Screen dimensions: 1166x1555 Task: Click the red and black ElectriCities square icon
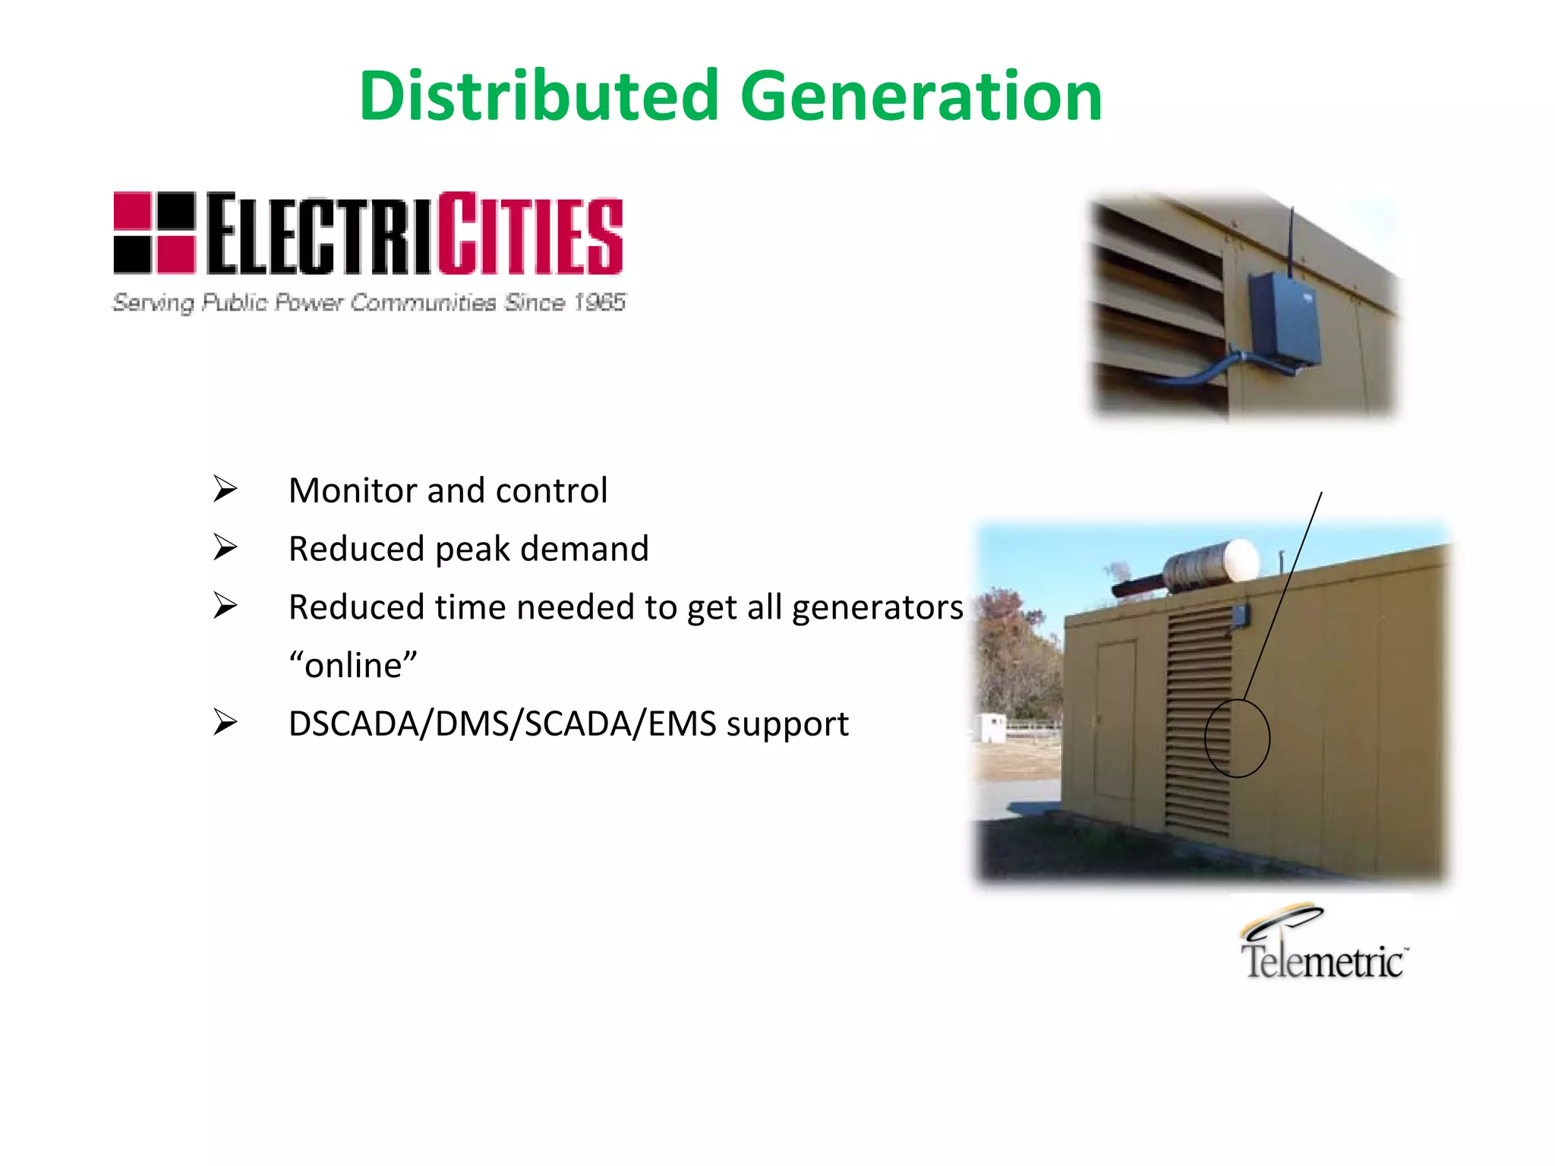(x=154, y=232)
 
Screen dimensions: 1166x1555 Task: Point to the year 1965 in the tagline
(x=599, y=302)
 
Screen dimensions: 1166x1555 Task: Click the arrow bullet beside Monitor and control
(x=225, y=490)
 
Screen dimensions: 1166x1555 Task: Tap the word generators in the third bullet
(x=877, y=607)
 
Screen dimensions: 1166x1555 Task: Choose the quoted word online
(x=353, y=666)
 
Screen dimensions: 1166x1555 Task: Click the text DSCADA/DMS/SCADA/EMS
(x=502, y=724)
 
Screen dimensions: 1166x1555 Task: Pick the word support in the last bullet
(x=787, y=726)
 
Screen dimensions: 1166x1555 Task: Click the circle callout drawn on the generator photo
(x=1237, y=738)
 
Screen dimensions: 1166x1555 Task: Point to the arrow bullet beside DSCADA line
(x=225, y=723)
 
